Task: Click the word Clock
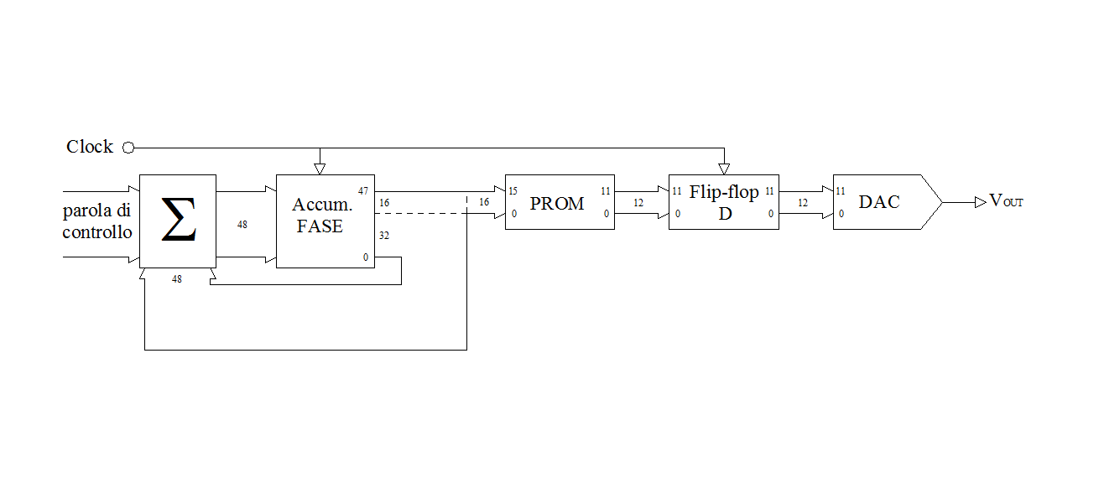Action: tap(89, 147)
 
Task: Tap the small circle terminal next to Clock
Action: tap(128, 148)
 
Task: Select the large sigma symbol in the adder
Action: tap(179, 219)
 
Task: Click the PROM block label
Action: tap(557, 204)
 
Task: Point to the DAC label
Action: tap(879, 202)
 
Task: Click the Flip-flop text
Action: tap(724, 192)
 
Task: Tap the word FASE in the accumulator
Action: tap(320, 226)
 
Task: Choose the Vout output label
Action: tap(1006, 200)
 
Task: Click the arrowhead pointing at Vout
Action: tap(980, 202)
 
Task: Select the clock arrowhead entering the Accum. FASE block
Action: tap(320, 169)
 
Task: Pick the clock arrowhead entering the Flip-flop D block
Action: tap(724, 169)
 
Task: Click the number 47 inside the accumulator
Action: tap(363, 191)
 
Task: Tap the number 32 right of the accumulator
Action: tap(384, 236)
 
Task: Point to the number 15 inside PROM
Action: tap(513, 191)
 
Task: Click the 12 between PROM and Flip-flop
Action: tap(638, 203)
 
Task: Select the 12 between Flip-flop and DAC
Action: tap(803, 203)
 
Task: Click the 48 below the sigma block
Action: tap(177, 279)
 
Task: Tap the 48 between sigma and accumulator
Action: tap(242, 225)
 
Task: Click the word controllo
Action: tap(97, 232)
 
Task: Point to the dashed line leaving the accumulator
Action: tap(420, 213)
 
